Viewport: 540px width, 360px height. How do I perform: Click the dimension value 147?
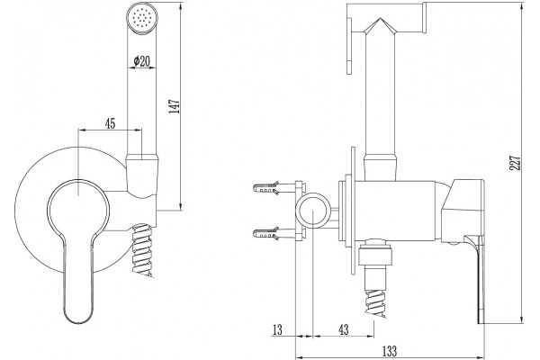175,106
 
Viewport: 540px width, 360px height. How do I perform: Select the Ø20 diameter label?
142,61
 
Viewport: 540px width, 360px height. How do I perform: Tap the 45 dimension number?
110,123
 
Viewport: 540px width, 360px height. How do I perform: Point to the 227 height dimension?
516,163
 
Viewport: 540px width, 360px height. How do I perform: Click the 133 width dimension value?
390,351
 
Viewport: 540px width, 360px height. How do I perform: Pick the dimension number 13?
277,329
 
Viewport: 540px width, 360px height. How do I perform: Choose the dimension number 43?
344,329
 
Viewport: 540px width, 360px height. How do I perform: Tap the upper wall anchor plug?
265,188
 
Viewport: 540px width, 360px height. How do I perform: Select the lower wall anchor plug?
265,234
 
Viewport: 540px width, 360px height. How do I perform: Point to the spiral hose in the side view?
375,302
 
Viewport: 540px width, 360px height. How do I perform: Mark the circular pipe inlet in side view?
313,210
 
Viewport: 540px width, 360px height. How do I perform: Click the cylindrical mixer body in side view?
395,210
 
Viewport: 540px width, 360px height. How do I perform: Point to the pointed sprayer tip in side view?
380,26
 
